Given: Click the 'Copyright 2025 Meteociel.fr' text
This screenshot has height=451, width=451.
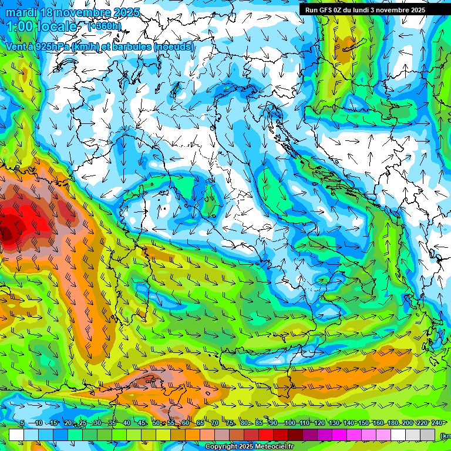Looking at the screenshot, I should tap(250, 447).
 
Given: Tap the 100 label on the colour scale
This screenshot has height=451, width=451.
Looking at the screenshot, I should tap(290, 423).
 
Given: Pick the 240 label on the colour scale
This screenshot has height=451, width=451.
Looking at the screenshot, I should tap(436, 423).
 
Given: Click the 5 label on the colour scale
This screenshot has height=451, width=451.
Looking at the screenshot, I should tap(22, 423).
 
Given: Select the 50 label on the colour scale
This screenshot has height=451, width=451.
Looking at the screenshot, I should tap(156, 423).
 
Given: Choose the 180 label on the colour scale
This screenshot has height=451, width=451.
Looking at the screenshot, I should tap(392, 423).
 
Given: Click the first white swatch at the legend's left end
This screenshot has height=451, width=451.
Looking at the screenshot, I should tap(16, 435).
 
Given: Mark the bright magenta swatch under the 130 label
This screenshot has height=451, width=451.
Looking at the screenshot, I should tap(339, 435).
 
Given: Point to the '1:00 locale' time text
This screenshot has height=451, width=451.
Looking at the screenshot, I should tap(41, 26).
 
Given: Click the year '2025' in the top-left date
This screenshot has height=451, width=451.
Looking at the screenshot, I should tap(126, 12).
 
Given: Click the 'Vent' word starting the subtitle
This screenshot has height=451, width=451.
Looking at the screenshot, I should tap(16, 46).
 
